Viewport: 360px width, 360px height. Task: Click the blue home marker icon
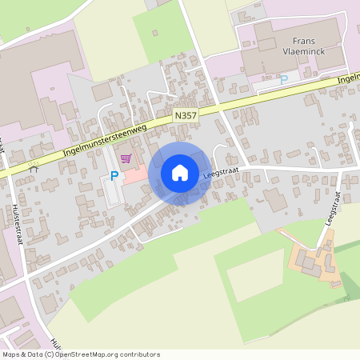click(x=180, y=173)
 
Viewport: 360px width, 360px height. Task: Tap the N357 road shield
click(x=184, y=117)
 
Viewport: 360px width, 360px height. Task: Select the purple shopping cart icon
click(x=126, y=158)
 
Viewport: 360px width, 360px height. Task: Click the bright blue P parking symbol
click(x=114, y=175)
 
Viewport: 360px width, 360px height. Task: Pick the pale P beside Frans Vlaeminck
click(x=283, y=79)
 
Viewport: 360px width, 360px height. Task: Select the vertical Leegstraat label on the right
click(x=334, y=209)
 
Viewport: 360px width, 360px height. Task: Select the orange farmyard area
click(x=307, y=259)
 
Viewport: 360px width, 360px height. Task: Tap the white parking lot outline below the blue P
click(x=112, y=192)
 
